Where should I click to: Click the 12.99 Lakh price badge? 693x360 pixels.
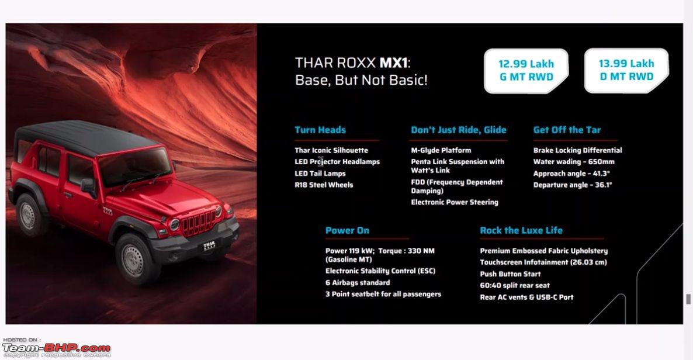click(x=526, y=71)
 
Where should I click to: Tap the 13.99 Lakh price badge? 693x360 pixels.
click(x=626, y=70)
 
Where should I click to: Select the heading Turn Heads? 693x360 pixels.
click(x=320, y=130)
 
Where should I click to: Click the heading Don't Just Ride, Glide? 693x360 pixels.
click(x=458, y=130)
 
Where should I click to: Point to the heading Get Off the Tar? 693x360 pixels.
click(x=567, y=130)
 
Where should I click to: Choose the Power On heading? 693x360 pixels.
click(x=347, y=230)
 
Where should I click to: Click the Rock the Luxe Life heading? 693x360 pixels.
click(x=521, y=230)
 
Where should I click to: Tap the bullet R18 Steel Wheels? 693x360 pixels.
click(x=324, y=185)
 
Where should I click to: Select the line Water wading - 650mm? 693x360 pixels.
click(x=574, y=162)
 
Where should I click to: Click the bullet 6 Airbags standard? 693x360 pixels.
click(x=358, y=283)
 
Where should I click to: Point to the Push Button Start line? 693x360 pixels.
click(x=510, y=274)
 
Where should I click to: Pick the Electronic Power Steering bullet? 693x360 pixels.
click(x=455, y=202)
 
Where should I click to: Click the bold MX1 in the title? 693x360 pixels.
click(x=393, y=63)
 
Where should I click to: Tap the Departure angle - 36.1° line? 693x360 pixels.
click(x=573, y=185)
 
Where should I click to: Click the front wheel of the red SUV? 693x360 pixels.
click(x=134, y=259)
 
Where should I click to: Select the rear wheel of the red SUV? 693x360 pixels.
click(x=29, y=216)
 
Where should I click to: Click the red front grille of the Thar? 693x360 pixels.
click(x=197, y=223)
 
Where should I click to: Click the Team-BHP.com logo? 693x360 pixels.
click(x=56, y=348)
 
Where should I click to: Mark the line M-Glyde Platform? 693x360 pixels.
click(x=441, y=150)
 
